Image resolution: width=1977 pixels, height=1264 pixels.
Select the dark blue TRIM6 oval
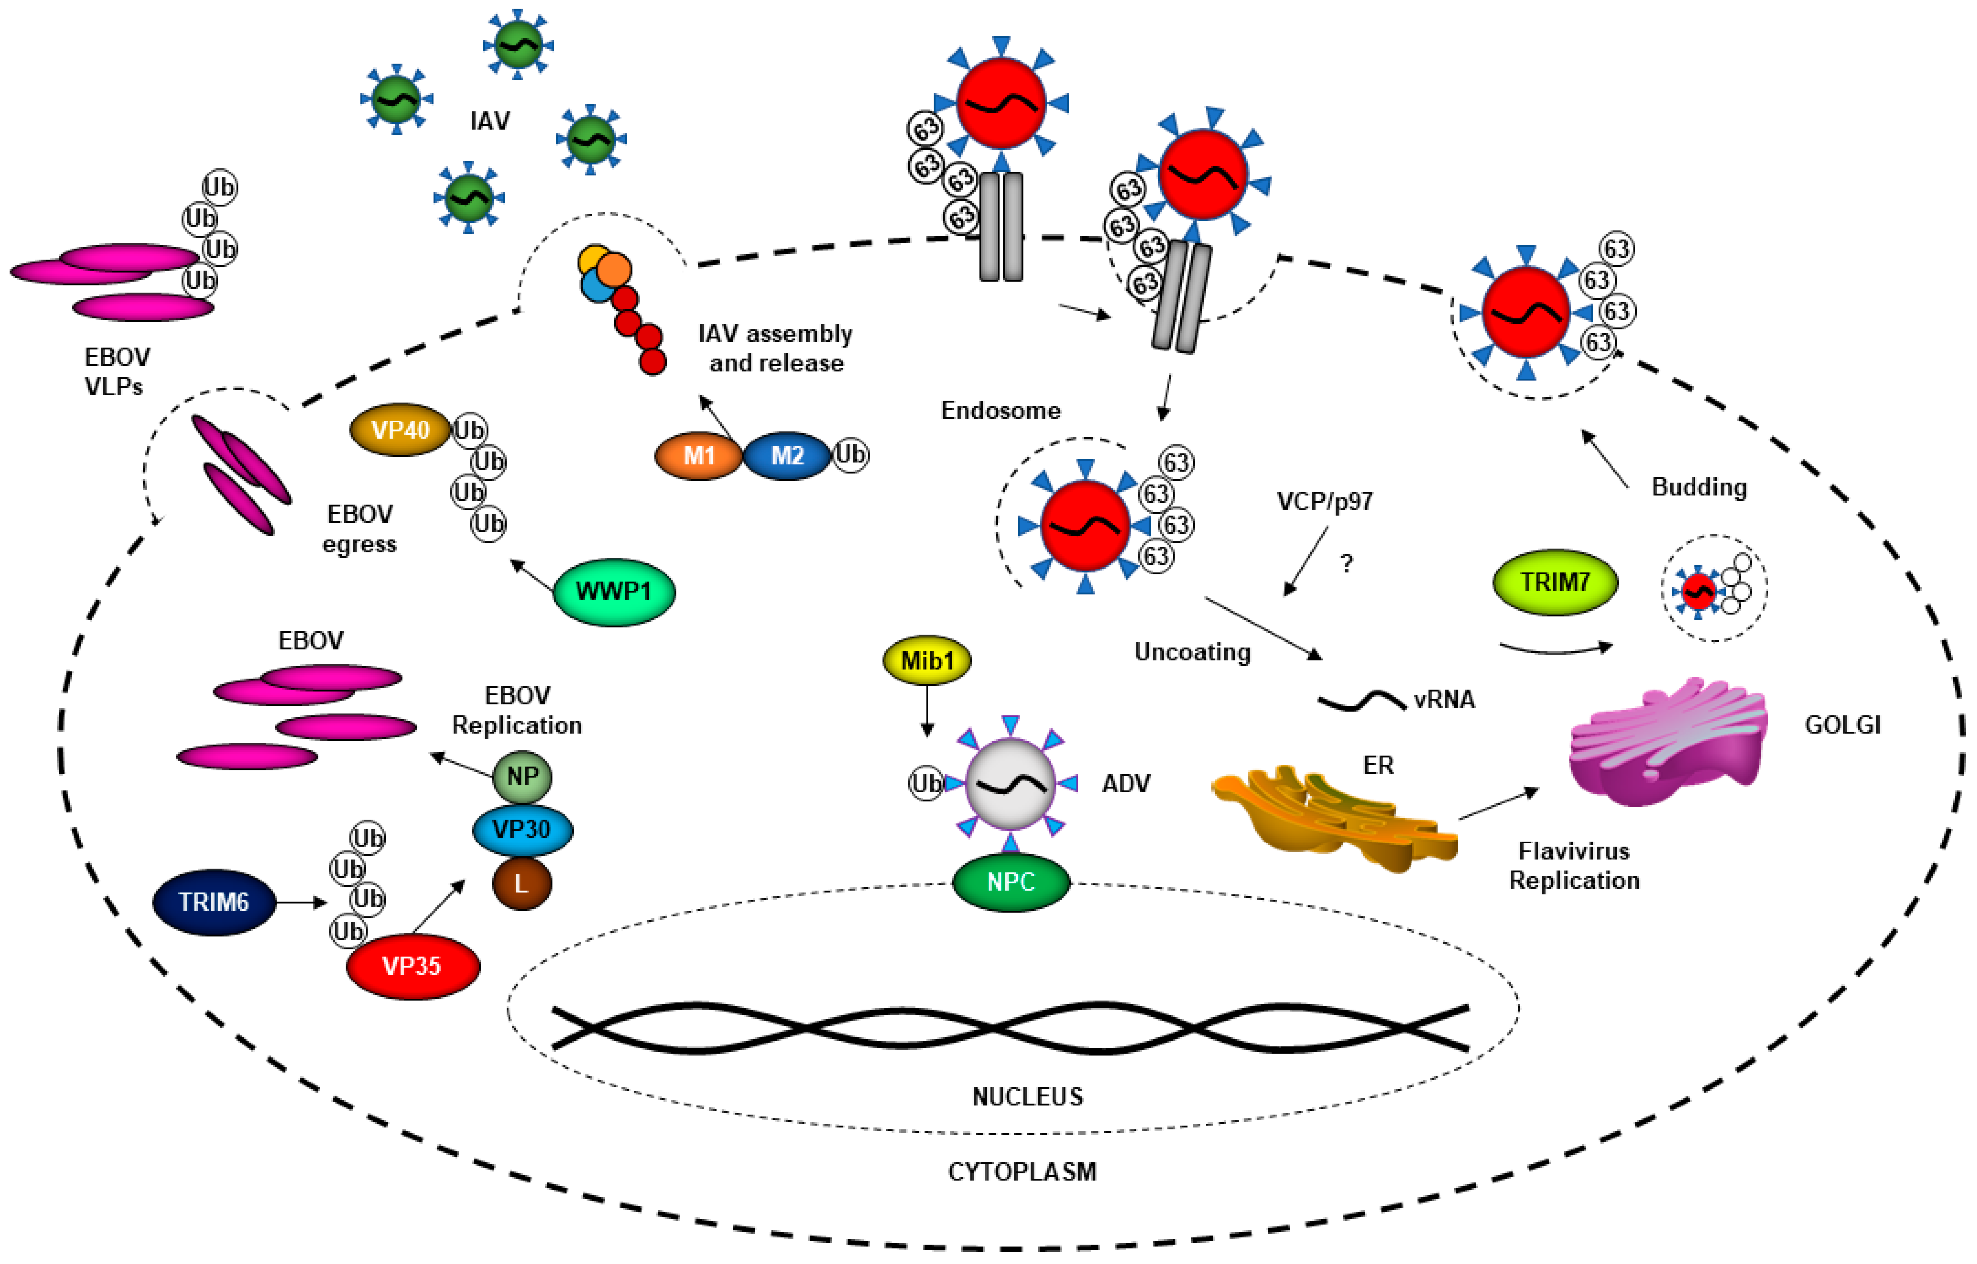pos(214,902)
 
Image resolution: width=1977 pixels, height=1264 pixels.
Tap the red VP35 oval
pos(412,966)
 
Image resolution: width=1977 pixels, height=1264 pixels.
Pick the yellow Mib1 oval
pos(927,660)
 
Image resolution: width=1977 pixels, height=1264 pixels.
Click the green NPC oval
pos(1011,882)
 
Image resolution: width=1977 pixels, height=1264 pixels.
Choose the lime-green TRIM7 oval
pos(1554,581)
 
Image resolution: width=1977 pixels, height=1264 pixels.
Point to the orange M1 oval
pos(699,456)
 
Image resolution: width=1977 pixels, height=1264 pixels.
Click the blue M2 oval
pos(787,456)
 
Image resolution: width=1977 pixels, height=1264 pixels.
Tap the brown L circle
pos(522,884)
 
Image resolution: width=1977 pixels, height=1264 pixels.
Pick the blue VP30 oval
pos(522,829)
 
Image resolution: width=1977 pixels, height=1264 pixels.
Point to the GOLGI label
pos(1842,725)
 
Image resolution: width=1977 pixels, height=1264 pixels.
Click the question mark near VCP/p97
pos(1347,563)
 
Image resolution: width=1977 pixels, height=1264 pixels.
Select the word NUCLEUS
pos(1027,1097)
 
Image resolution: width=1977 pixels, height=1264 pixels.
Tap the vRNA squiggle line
pos(1361,700)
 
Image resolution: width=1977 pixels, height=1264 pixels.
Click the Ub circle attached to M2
pos(850,454)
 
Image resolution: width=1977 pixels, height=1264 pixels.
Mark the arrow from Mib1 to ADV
pos(927,711)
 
